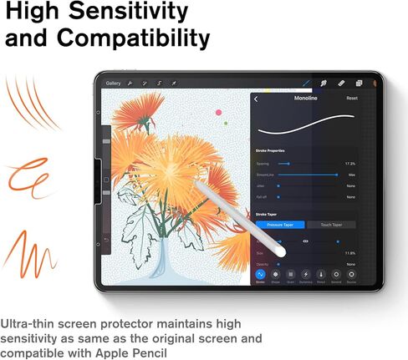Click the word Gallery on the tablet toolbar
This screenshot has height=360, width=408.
(x=114, y=84)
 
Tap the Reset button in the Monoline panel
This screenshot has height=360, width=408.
(x=352, y=99)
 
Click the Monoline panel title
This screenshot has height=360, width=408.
(x=306, y=99)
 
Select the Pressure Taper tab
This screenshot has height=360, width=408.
(x=279, y=225)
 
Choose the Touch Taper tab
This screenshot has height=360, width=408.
(x=331, y=225)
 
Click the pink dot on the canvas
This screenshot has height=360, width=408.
(x=218, y=111)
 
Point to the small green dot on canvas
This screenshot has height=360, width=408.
(x=226, y=124)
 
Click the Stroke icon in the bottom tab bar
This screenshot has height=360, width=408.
(x=261, y=275)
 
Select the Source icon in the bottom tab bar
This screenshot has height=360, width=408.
(x=351, y=275)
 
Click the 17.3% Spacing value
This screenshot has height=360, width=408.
(x=350, y=164)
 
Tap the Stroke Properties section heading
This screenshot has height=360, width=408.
(x=270, y=150)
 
